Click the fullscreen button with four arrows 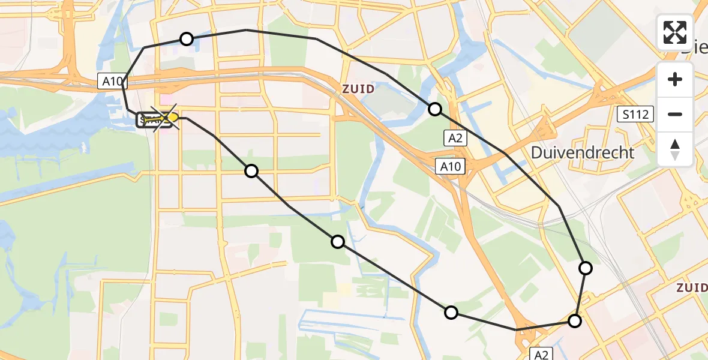click(x=675, y=32)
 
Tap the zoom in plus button click(x=675, y=79)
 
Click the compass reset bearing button click(x=675, y=149)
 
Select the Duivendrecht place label click(x=583, y=152)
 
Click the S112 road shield click(x=635, y=114)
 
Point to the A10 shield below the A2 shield click(x=451, y=166)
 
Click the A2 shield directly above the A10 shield click(x=454, y=139)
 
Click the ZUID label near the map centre click(x=358, y=89)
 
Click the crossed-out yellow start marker click(x=164, y=118)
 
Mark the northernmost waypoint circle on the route click(x=187, y=39)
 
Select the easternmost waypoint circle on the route click(x=585, y=268)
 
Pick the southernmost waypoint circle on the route click(x=574, y=321)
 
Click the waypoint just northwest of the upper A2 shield click(x=435, y=109)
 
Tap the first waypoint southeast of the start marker click(x=251, y=171)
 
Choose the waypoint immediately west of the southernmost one click(x=451, y=312)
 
